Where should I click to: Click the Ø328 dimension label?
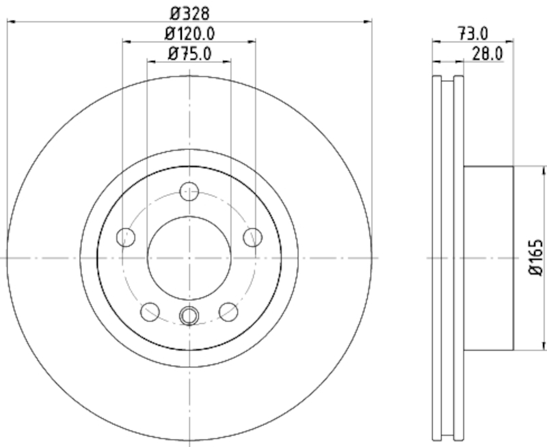[189, 12]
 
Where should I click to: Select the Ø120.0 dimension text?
[189, 32]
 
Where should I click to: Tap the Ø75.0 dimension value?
[189, 52]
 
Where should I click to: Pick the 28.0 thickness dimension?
[488, 52]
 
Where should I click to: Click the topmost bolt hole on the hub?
[189, 191]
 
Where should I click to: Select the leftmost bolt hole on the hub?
[126, 237]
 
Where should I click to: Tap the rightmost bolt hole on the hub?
[253, 237]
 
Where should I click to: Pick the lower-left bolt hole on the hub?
[150, 312]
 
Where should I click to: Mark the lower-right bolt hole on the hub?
[228, 312]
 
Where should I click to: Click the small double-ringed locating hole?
[189, 315]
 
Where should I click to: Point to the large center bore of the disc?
[189, 258]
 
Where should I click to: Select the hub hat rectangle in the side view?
[488, 258]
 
